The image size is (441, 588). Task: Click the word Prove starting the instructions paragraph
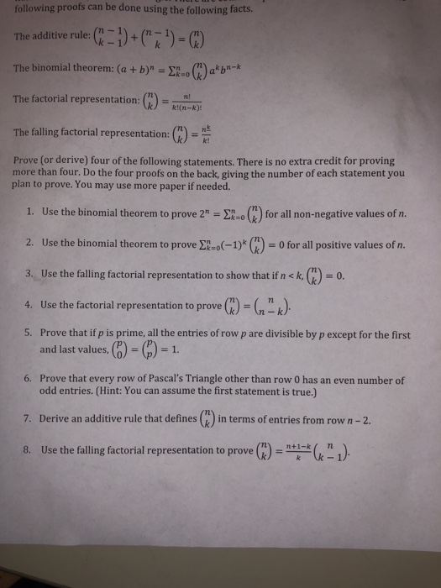[x=30, y=160]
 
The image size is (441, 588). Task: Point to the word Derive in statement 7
[x=57, y=418]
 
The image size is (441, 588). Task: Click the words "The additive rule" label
[x=51, y=37]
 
